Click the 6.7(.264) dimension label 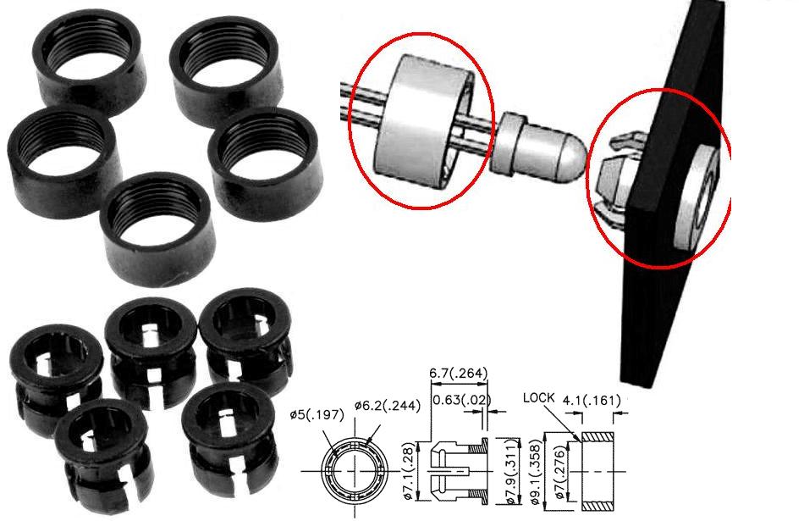pyautogui.click(x=458, y=373)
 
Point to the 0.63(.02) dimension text pyautogui.click(x=461, y=399)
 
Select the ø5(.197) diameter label pyautogui.click(x=317, y=414)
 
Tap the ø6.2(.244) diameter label pyautogui.click(x=387, y=406)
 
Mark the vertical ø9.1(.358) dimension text pyautogui.click(x=537, y=472)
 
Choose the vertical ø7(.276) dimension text pyautogui.click(x=559, y=472)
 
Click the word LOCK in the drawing pyautogui.click(x=539, y=398)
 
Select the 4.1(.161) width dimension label pyautogui.click(x=592, y=400)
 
